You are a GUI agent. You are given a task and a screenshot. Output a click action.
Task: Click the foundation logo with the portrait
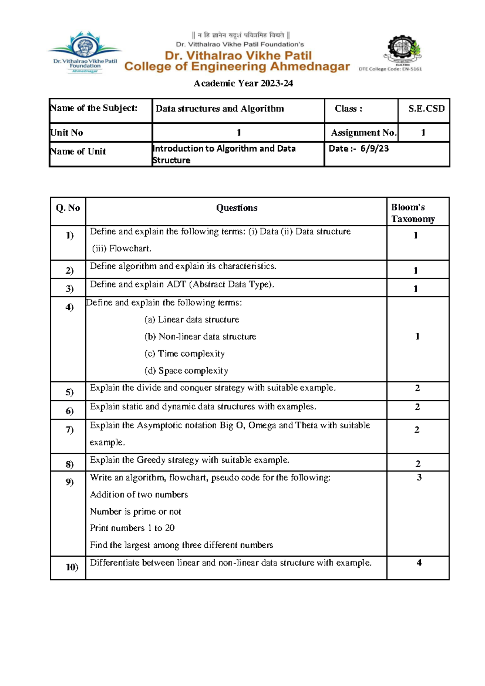[x=85, y=52]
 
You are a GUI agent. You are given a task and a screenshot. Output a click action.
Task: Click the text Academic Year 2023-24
[x=243, y=83]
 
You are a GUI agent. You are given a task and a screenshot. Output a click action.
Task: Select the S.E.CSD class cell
[x=426, y=109]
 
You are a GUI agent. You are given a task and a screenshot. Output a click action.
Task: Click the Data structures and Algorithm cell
[x=220, y=109]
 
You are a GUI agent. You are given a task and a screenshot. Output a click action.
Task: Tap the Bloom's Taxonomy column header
[x=413, y=213]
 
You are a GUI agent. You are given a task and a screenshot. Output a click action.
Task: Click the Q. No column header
[x=68, y=208]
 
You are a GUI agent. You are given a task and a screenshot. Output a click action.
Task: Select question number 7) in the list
[x=70, y=429]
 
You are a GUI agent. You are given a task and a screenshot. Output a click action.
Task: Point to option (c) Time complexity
[x=184, y=354]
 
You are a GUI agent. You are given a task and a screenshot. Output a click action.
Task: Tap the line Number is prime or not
[x=135, y=512]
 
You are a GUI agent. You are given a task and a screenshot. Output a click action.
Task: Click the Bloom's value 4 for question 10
[x=419, y=563]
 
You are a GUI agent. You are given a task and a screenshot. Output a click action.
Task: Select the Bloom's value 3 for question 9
[x=419, y=477]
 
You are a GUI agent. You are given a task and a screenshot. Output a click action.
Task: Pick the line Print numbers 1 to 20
[x=132, y=528]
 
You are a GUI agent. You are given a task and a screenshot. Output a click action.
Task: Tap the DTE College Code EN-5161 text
[x=390, y=69]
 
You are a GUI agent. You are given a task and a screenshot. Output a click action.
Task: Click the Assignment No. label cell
[x=363, y=133]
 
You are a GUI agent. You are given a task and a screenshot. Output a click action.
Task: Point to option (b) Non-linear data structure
[x=200, y=337]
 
